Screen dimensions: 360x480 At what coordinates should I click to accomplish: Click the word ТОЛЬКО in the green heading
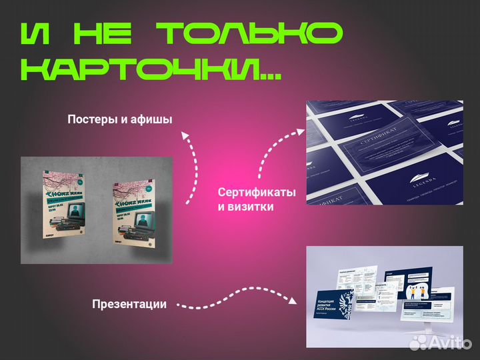pyautogui.click(x=249, y=34)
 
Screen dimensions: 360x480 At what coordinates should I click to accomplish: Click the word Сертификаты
pyautogui.click(x=257, y=192)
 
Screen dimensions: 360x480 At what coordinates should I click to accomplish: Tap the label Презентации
pyautogui.click(x=129, y=304)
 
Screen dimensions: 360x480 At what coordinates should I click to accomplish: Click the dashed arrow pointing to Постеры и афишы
pyautogui.click(x=191, y=167)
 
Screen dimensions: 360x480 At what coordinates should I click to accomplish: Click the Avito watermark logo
pyautogui.click(x=440, y=342)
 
